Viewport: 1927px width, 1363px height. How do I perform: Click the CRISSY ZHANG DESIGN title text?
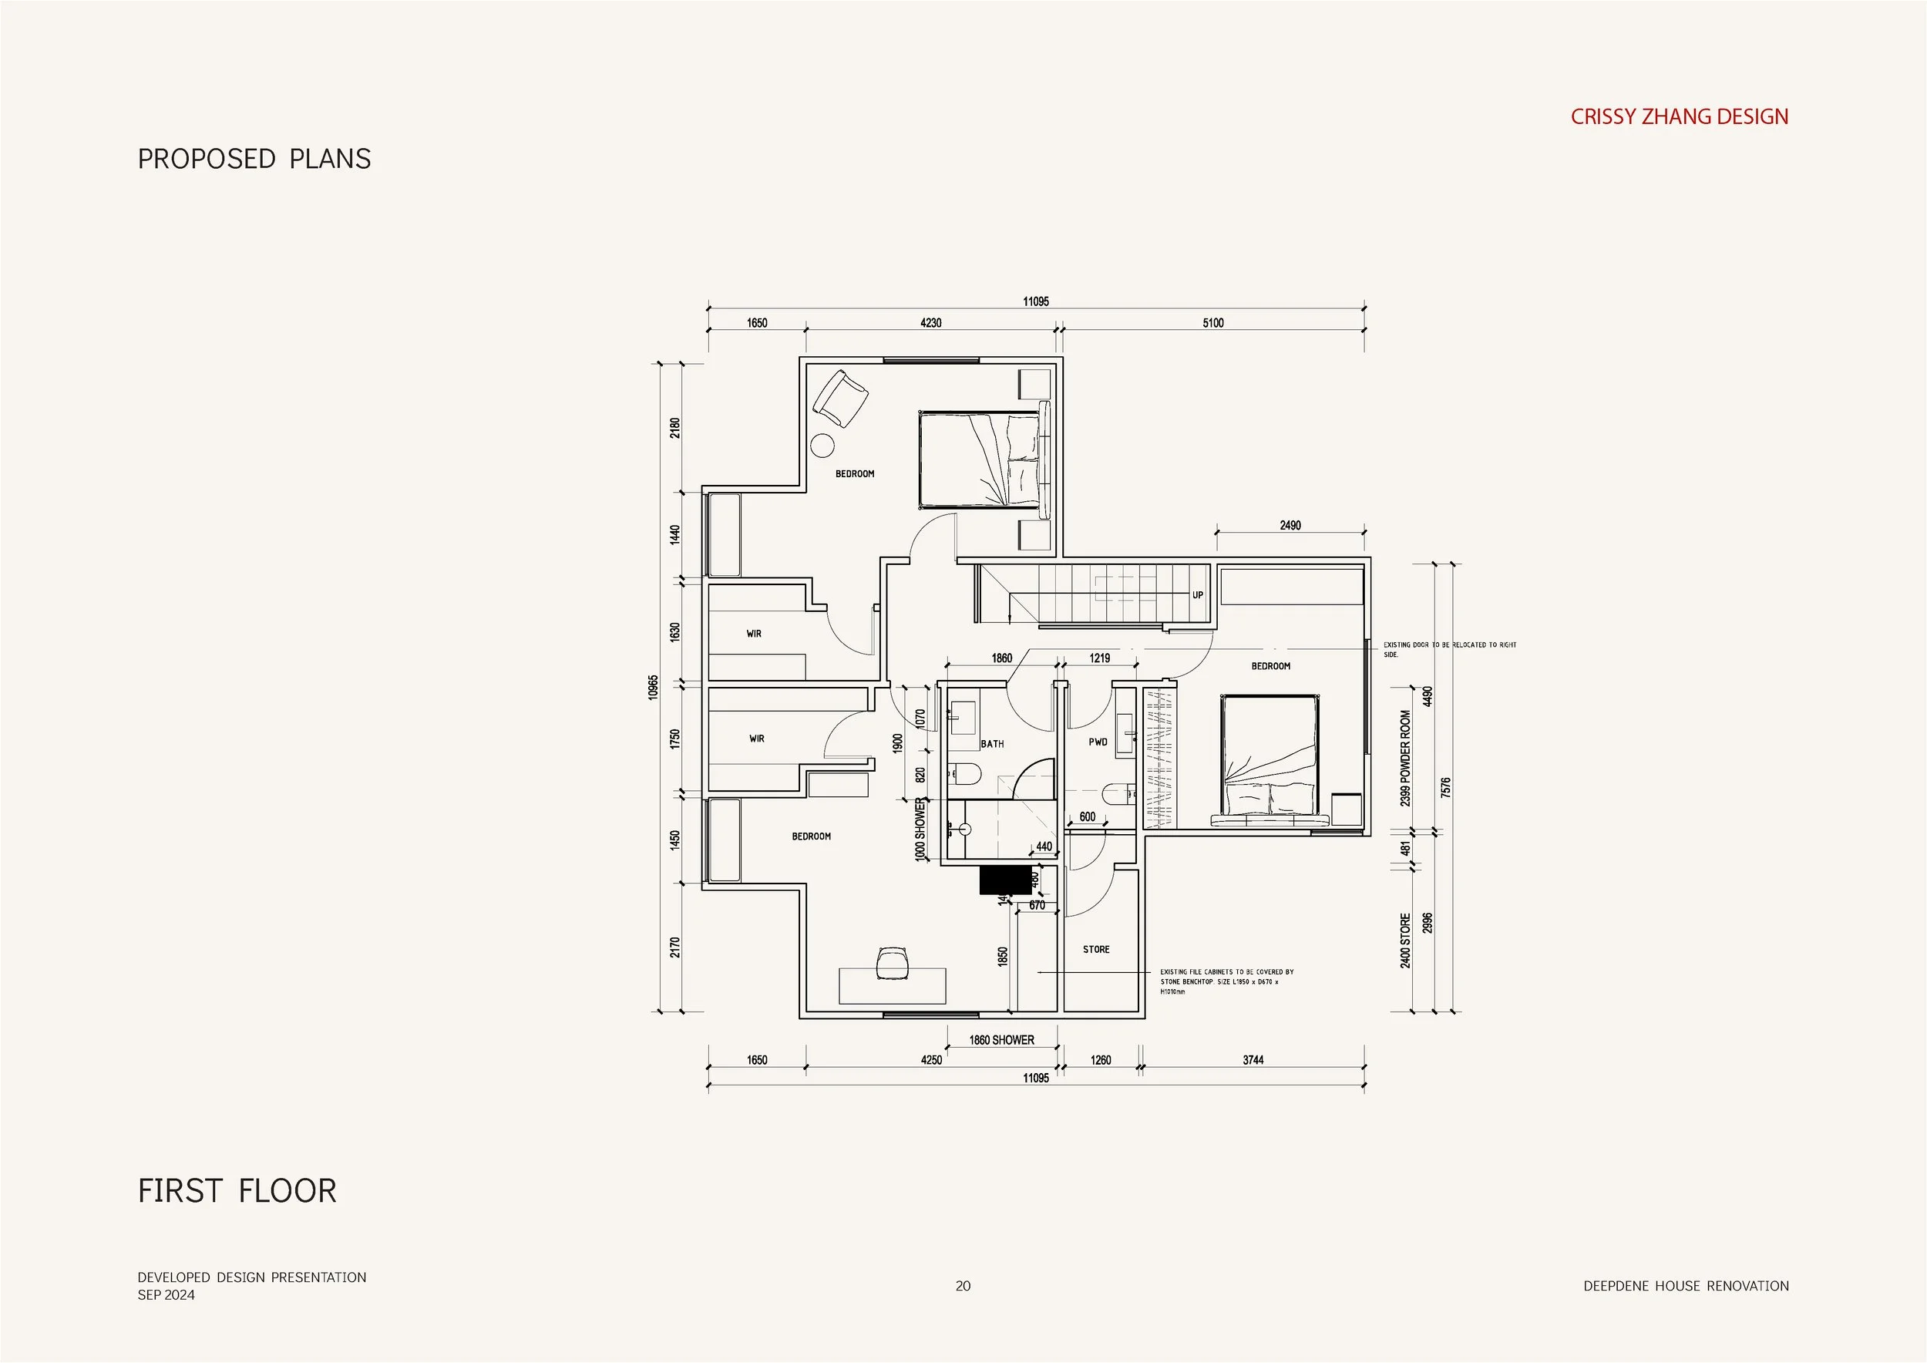(1679, 116)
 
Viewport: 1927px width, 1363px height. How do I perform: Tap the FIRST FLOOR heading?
(237, 1191)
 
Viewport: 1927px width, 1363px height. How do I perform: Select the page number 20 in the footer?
(963, 1286)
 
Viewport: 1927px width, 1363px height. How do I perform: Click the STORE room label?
(1096, 949)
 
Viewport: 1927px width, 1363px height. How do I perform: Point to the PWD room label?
(1098, 742)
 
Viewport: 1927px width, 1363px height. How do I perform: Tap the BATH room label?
(992, 744)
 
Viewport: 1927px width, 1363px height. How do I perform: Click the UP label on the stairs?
(1198, 595)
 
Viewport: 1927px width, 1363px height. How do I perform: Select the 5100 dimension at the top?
(1212, 323)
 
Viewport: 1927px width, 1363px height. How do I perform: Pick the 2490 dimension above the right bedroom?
(1290, 526)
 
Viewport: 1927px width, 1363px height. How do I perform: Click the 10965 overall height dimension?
(654, 687)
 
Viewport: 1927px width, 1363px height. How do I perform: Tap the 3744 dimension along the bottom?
(1253, 1060)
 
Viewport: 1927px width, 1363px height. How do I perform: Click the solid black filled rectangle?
(1004, 880)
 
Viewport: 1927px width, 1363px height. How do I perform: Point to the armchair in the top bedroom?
(839, 399)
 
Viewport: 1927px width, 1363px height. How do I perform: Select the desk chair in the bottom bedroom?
(892, 963)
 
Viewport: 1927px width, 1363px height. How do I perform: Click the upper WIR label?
(754, 634)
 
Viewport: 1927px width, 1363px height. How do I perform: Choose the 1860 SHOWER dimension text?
(1001, 1040)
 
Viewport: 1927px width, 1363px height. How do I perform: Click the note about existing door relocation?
(1449, 650)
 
